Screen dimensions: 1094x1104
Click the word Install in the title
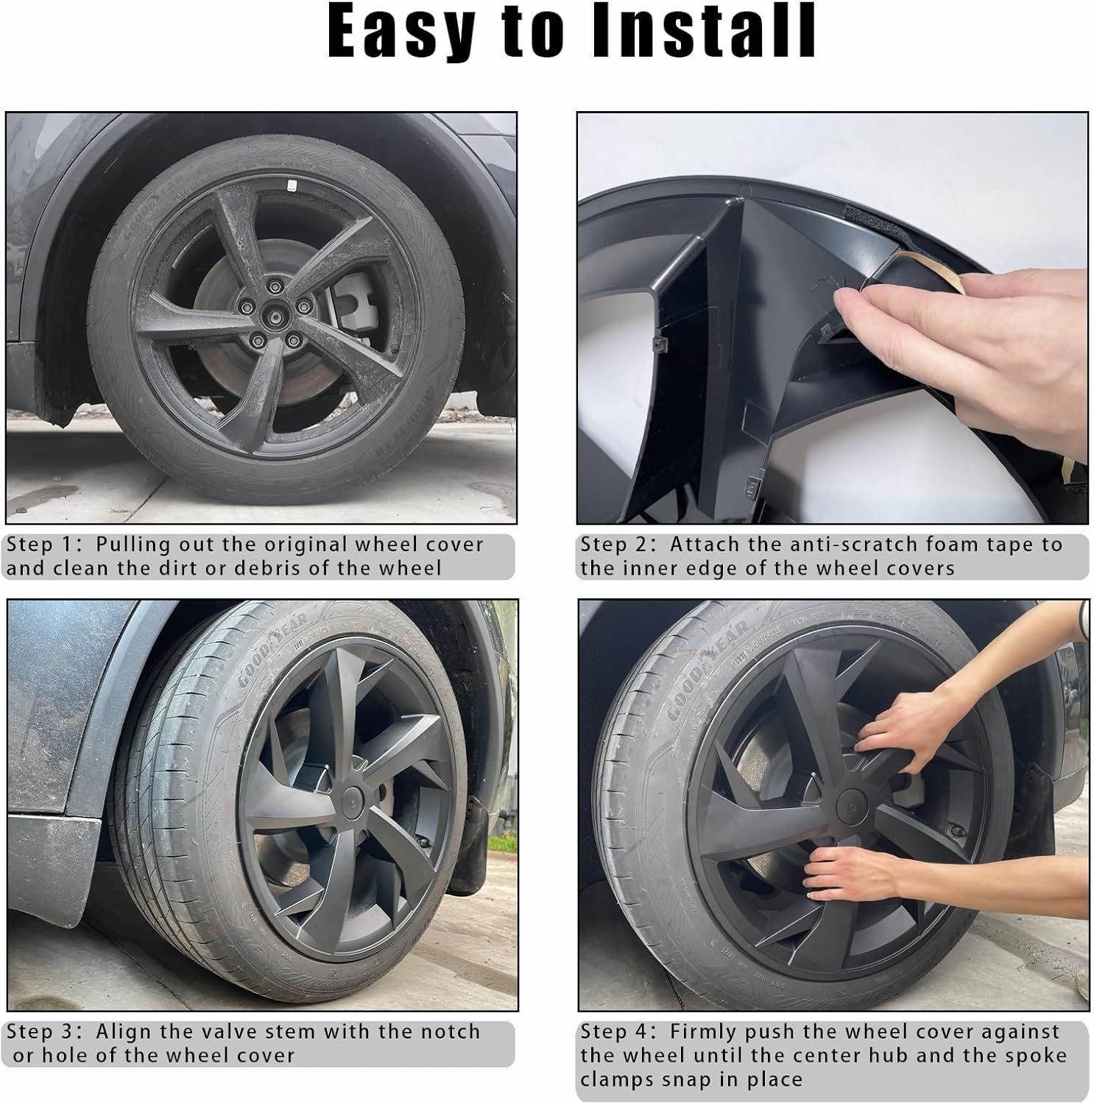click(x=704, y=32)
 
